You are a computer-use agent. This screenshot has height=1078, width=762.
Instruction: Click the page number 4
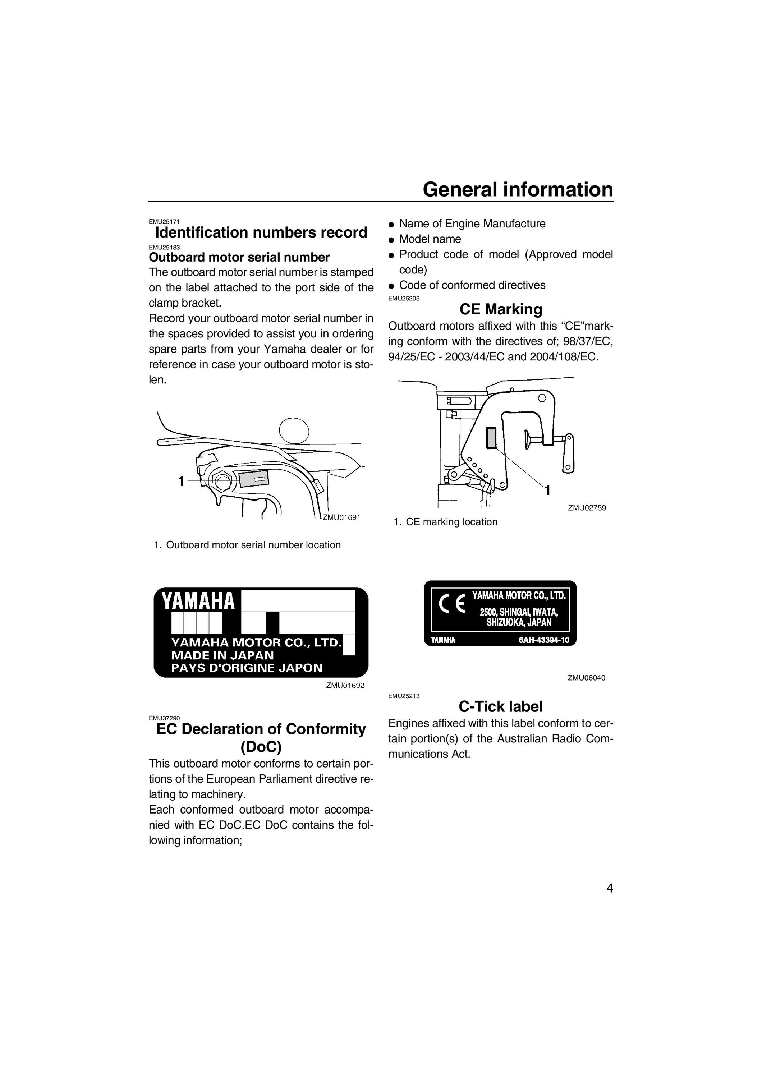pos(609,888)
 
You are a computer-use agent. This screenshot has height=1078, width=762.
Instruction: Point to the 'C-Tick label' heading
pos(500,706)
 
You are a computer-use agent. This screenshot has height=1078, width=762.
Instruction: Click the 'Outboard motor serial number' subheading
pos(239,257)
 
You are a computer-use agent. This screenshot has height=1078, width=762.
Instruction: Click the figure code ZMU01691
pos(341,517)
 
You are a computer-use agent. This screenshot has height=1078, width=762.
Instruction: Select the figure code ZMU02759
pos(587,507)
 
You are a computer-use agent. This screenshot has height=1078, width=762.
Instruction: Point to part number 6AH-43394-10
pos(544,640)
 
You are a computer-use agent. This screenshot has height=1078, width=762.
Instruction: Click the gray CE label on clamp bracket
pos(491,438)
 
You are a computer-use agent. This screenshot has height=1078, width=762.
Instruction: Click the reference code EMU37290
pos(164,718)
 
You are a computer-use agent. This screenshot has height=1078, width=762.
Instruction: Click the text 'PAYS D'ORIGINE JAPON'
pos(247,668)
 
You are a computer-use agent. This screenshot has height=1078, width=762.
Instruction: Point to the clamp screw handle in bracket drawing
pos(569,453)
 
